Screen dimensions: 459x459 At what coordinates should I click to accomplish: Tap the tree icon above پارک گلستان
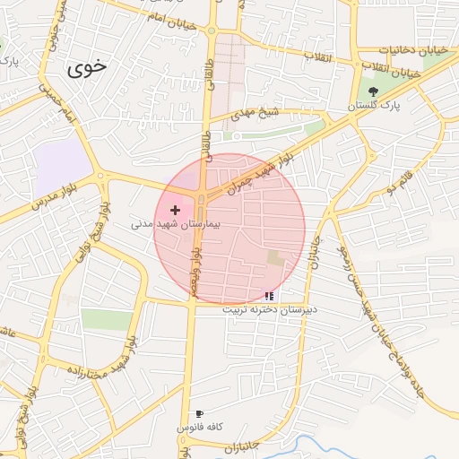[373, 91]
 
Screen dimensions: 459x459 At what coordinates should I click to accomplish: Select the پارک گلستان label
[375, 106]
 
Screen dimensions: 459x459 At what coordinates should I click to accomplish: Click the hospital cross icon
[175, 210]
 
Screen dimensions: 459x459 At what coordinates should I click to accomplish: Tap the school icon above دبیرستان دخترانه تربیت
[270, 296]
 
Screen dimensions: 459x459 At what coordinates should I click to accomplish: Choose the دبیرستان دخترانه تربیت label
[271, 309]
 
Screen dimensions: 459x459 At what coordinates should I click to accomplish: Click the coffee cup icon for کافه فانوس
[199, 414]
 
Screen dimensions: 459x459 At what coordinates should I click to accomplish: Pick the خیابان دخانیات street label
[412, 50]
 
